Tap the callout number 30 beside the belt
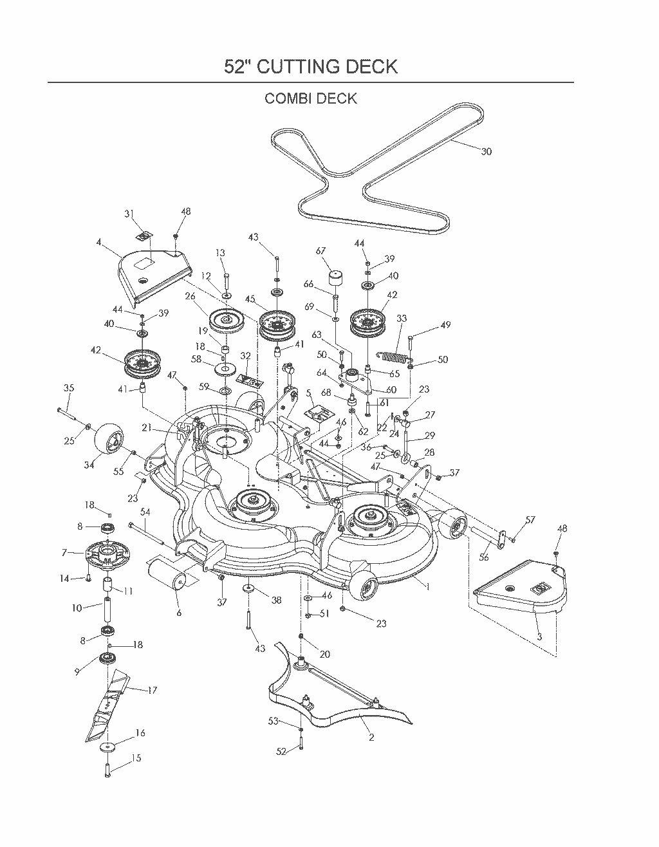pos(486,151)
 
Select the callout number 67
pos(320,250)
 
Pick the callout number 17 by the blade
pos(152,691)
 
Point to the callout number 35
pos(69,388)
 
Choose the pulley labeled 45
pos(276,324)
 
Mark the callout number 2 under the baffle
pos(371,737)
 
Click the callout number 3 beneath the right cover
pos(539,637)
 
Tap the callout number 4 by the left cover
pos(99,242)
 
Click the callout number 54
pos(145,512)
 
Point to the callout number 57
pos(530,519)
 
